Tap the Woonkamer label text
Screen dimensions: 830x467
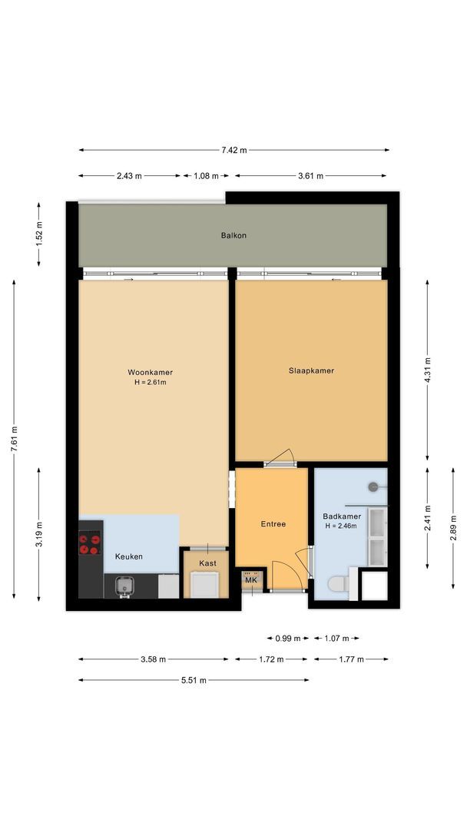tap(151, 373)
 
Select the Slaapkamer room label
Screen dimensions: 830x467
tap(311, 370)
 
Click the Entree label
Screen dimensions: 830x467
tap(273, 524)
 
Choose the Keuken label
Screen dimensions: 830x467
tap(128, 556)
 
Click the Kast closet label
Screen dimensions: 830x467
tap(207, 563)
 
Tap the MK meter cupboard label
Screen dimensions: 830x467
tap(251, 579)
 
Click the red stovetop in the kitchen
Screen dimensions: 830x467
tap(90, 545)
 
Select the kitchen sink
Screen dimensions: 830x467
tap(122, 587)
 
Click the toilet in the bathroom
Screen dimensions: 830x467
tap(338, 585)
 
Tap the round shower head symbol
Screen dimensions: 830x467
tap(373, 486)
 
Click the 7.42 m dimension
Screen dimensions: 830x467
tap(233, 151)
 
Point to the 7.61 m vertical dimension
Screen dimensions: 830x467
tap(14, 440)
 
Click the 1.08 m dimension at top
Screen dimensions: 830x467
tap(204, 176)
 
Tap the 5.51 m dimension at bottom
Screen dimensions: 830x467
tap(194, 680)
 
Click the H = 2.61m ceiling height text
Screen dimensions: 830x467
tap(151, 382)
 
